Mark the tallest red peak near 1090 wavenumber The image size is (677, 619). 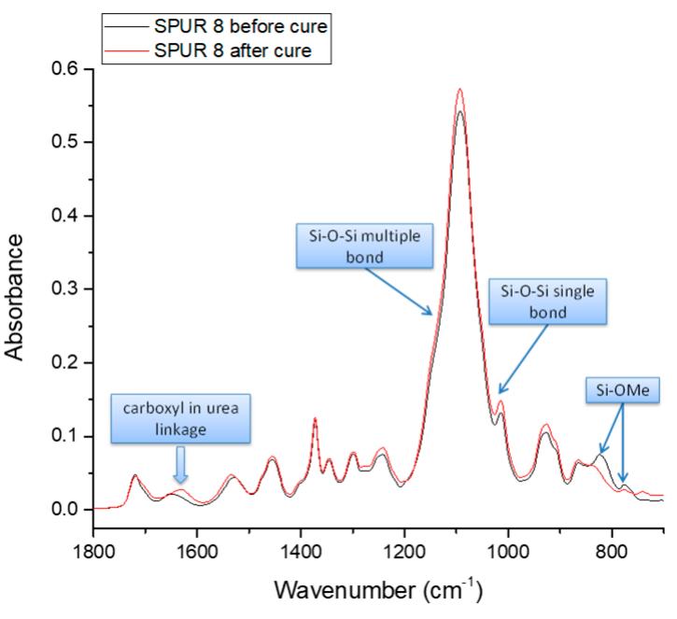point(459,90)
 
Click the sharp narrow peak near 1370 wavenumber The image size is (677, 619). point(315,418)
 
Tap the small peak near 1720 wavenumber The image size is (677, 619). point(135,475)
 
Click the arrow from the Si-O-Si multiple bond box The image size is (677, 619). point(396,290)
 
